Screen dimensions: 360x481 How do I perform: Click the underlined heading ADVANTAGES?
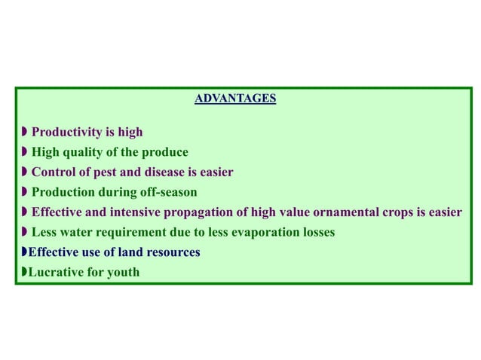(235, 99)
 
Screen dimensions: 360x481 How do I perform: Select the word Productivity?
(66, 133)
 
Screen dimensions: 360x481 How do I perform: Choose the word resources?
(173, 252)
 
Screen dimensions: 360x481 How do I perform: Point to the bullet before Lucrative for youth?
(23, 272)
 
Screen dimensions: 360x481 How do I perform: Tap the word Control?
(52, 172)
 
